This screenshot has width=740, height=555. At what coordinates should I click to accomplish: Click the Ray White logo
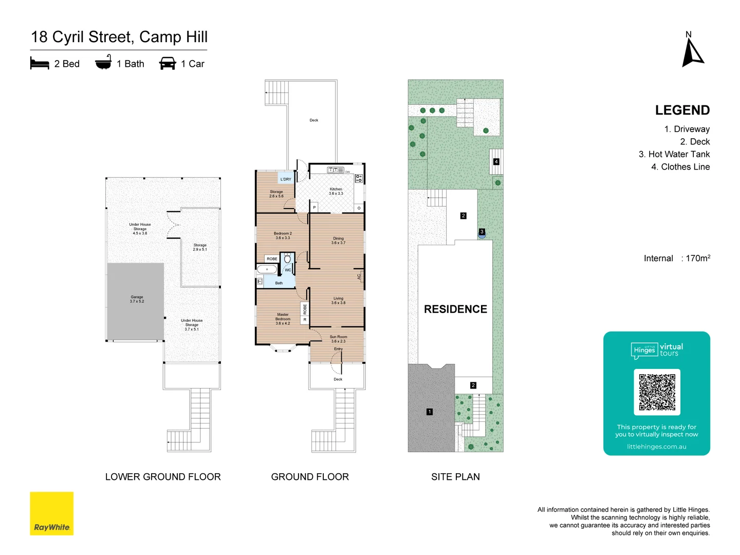[x=51, y=513]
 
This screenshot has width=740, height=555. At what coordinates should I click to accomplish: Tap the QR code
[x=657, y=392]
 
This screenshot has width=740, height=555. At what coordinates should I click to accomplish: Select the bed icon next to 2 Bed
[x=40, y=64]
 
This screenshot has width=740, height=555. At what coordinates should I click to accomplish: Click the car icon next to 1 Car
[x=168, y=64]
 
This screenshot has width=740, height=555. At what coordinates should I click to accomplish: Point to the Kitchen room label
[x=336, y=191]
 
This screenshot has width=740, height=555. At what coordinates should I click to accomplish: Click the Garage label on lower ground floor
[x=137, y=299]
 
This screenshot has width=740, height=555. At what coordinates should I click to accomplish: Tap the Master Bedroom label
[x=283, y=319]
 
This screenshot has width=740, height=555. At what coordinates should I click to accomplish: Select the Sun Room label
[x=338, y=339]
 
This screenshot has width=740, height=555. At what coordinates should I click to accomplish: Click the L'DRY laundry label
[x=286, y=179]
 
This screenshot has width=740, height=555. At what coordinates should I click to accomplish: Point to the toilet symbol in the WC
[x=287, y=258]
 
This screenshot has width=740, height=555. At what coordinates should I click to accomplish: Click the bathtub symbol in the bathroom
[x=267, y=269]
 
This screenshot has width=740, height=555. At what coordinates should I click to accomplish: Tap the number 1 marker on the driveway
[x=430, y=412]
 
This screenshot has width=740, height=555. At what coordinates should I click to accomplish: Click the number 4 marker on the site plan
[x=496, y=161]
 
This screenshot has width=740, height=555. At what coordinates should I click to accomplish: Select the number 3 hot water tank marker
[x=482, y=232]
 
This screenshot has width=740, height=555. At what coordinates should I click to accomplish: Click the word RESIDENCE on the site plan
[x=455, y=309]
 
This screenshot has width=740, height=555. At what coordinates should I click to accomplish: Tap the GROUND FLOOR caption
[x=310, y=477]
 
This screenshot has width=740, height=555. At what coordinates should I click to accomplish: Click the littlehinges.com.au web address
[x=656, y=447]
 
